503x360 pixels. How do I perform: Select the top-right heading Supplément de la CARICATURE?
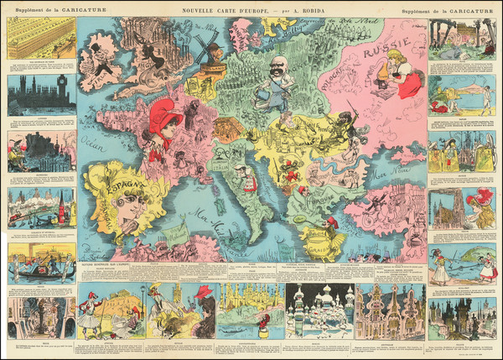point(459,9)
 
